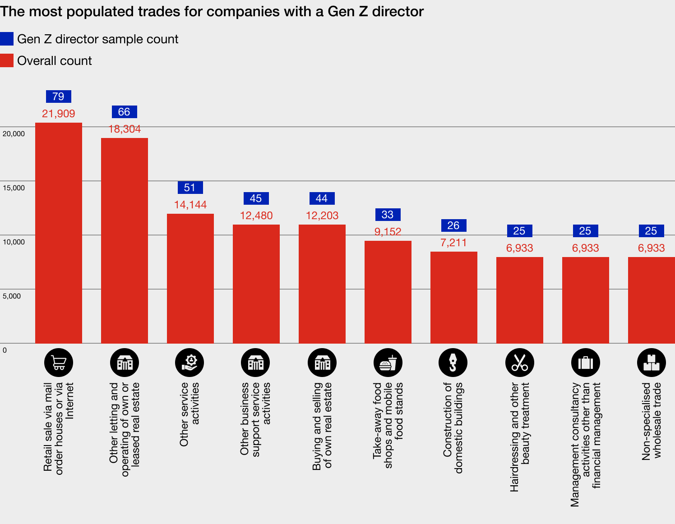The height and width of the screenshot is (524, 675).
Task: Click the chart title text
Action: click(x=212, y=11)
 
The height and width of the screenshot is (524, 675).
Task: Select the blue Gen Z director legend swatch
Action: click(x=7, y=39)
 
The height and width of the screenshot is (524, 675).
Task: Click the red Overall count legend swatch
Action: click(x=7, y=60)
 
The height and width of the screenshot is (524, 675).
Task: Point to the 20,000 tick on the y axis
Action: click(x=14, y=134)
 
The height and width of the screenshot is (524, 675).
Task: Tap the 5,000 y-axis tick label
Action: click(x=12, y=296)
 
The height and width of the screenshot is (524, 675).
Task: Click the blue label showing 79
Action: click(x=58, y=97)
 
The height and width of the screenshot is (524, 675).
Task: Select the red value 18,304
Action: click(x=125, y=129)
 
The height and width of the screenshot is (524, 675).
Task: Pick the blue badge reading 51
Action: click(x=190, y=188)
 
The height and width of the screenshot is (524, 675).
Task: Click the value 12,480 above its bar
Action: click(x=256, y=216)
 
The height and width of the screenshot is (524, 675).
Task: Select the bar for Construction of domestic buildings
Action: click(x=454, y=297)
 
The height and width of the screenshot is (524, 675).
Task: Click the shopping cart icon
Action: click(x=59, y=363)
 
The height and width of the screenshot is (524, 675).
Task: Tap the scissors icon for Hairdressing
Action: click(x=520, y=363)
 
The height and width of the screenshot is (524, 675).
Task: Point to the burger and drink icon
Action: click(x=388, y=363)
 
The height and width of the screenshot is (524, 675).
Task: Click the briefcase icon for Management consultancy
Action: click(x=586, y=363)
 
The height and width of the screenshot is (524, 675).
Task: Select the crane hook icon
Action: click(x=453, y=363)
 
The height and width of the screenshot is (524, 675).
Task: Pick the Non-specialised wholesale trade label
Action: click(x=651, y=421)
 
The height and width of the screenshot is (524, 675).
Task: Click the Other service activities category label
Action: click(x=190, y=414)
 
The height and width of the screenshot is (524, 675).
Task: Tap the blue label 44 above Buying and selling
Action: click(x=322, y=198)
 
